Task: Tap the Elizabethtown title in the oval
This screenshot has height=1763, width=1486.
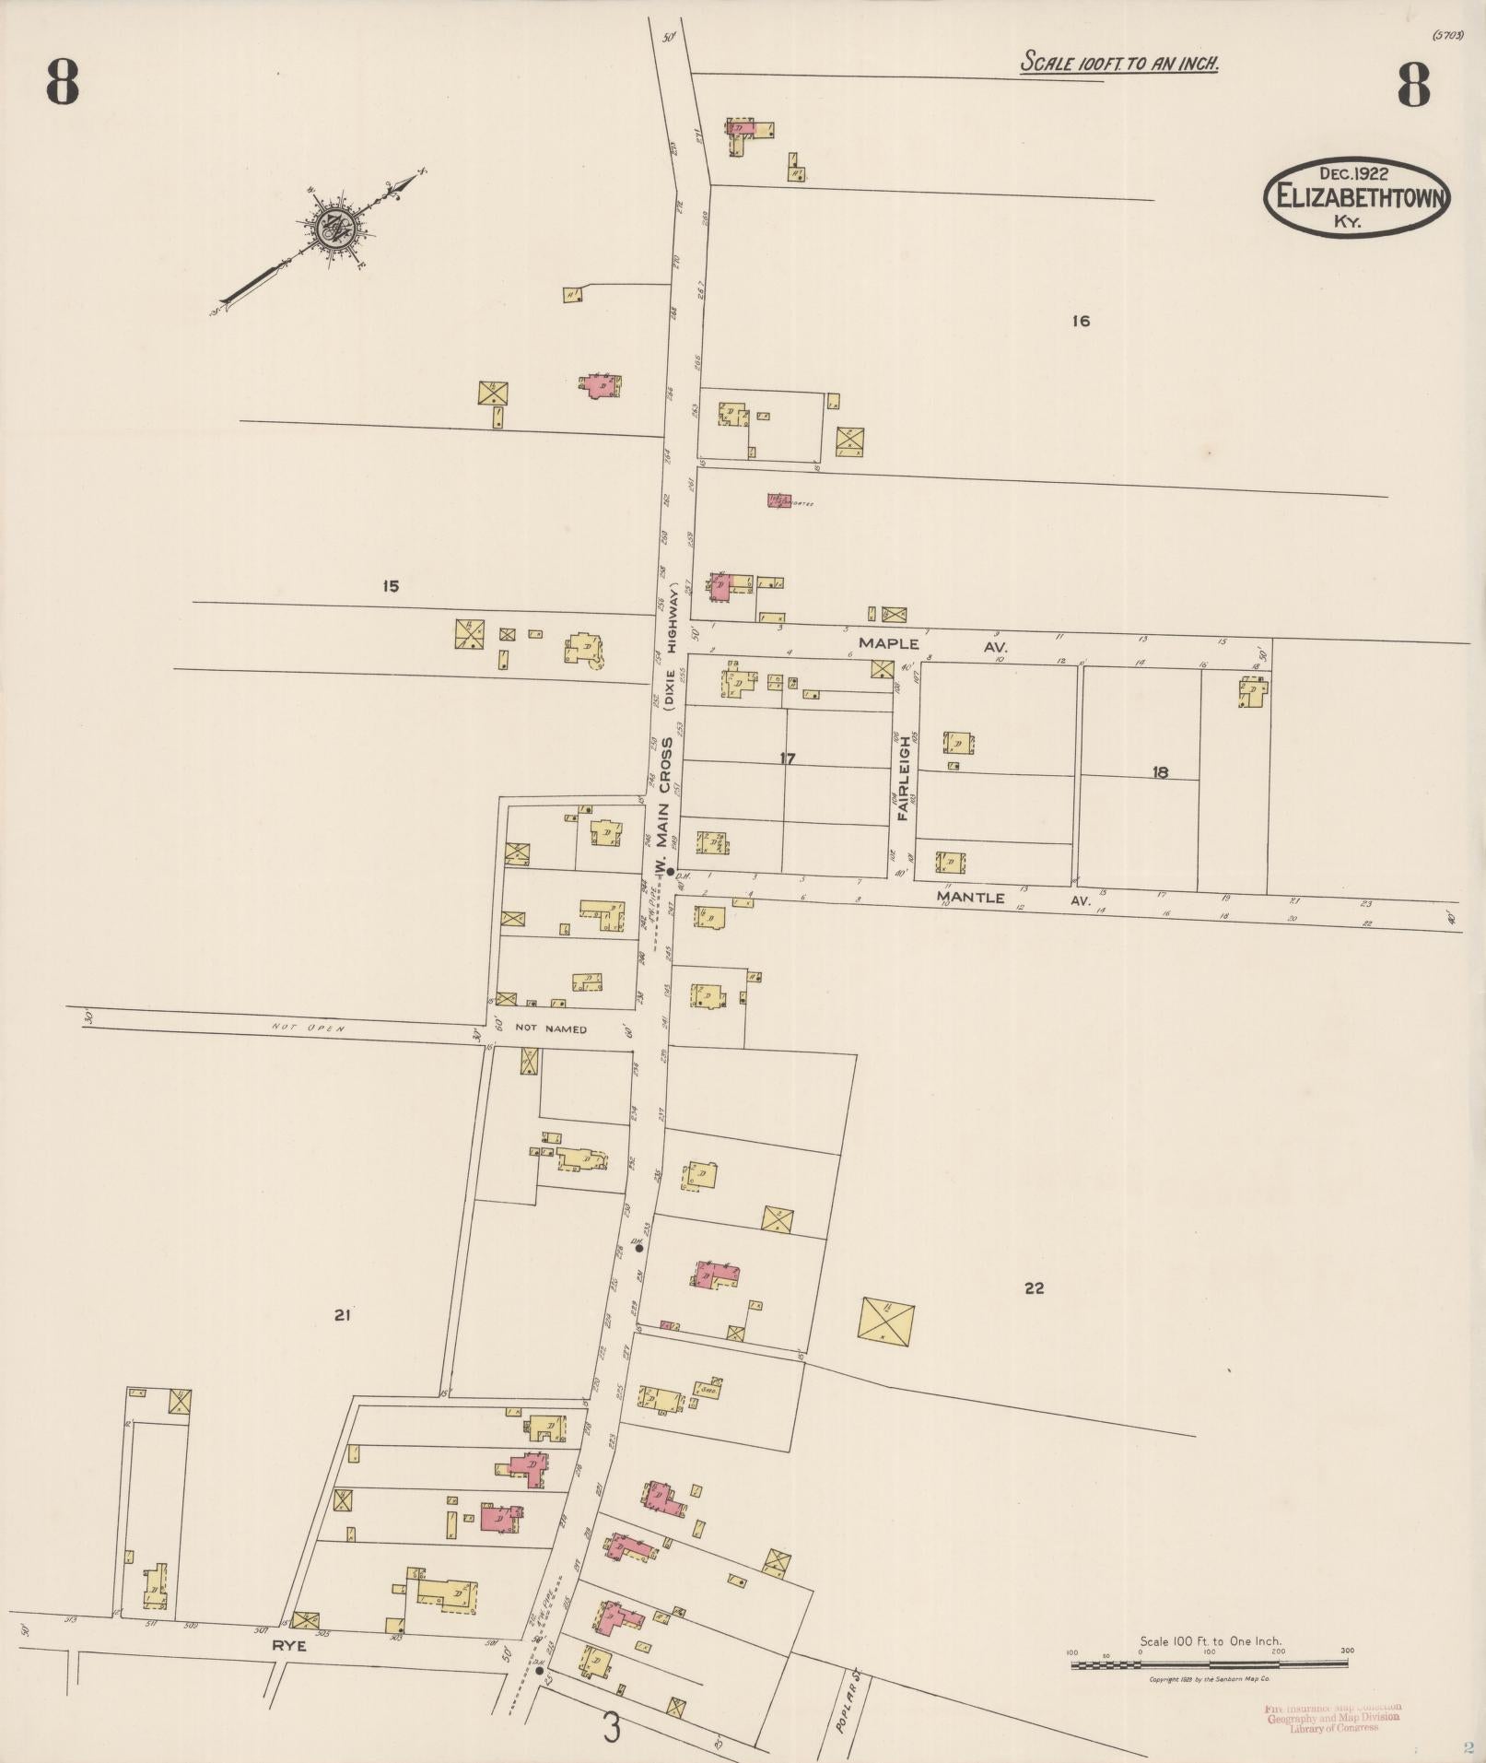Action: pos(1356,197)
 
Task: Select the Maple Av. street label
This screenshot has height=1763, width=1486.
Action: pos(930,644)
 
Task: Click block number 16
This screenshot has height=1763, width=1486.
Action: pos(1081,321)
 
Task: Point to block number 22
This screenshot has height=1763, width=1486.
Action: pos(1034,1287)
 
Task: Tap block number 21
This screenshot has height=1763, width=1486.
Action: pos(342,1316)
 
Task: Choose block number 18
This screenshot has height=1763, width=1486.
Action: pos(1160,772)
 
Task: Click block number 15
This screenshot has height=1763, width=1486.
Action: pos(391,586)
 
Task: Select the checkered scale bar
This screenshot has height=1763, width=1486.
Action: pos(1210,1663)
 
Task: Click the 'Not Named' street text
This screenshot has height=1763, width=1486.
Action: pos(550,1028)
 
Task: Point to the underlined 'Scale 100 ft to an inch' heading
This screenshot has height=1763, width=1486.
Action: pos(1119,63)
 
